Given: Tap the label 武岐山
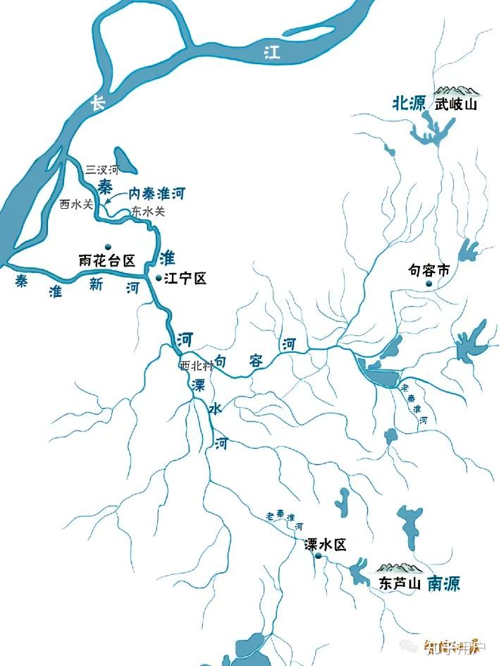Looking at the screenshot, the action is pyautogui.click(x=456, y=104).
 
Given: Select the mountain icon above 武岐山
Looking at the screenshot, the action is pyautogui.click(x=456, y=90).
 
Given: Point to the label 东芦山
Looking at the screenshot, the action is pyautogui.click(x=399, y=584).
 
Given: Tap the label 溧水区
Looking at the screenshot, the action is pyautogui.click(x=326, y=545).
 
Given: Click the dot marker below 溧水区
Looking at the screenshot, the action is pyautogui.click(x=319, y=557).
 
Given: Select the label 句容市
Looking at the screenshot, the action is pyautogui.click(x=429, y=270).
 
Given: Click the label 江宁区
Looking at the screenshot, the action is pyautogui.click(x=185, y=279).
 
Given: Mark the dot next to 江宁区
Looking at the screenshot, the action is pyautogui.click(x=158, y=278).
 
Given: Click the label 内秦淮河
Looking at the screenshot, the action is pyautogui.click(x=156, y=193).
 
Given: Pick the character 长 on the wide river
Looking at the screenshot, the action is pyautogui.click(x=97, y=103).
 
